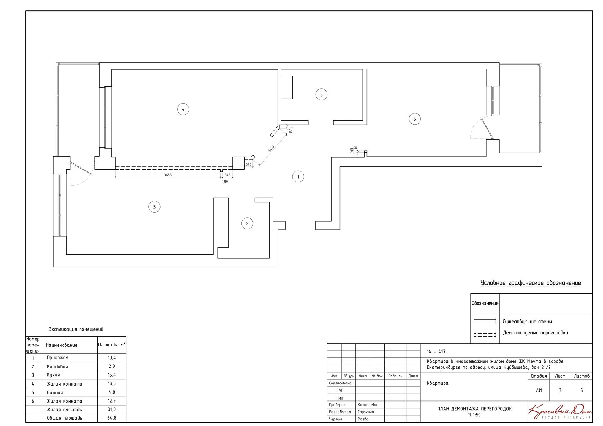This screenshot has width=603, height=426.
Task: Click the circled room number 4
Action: point(183,109)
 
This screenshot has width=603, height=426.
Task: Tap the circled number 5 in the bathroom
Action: point(321,94)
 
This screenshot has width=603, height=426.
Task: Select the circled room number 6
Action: point(414,119)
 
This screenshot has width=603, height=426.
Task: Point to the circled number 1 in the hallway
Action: point(298,176)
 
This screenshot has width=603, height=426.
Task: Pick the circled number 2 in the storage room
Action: point(247,223)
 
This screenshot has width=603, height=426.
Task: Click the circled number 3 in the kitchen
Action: point(154,207)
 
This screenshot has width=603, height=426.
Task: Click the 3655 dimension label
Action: point(168,175)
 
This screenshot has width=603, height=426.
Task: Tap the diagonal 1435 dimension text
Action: point(271,148)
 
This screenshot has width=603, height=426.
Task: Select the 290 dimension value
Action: point(249,165)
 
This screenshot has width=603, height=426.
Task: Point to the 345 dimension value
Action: point(228,175)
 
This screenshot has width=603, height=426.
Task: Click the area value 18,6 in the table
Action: point(112,383)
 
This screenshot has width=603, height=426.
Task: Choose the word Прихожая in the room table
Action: point(58,357)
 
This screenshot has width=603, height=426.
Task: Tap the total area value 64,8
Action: point(112,418)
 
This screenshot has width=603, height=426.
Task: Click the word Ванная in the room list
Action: point(55,392)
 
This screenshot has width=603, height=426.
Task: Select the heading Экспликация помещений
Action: point(76,329)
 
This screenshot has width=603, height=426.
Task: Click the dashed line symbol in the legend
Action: point(485,335)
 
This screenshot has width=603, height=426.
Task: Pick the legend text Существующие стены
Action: point(527,321)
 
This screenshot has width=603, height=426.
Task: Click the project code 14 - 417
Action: point(436,351)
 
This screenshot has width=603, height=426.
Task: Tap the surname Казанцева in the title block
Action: point(367,405)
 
